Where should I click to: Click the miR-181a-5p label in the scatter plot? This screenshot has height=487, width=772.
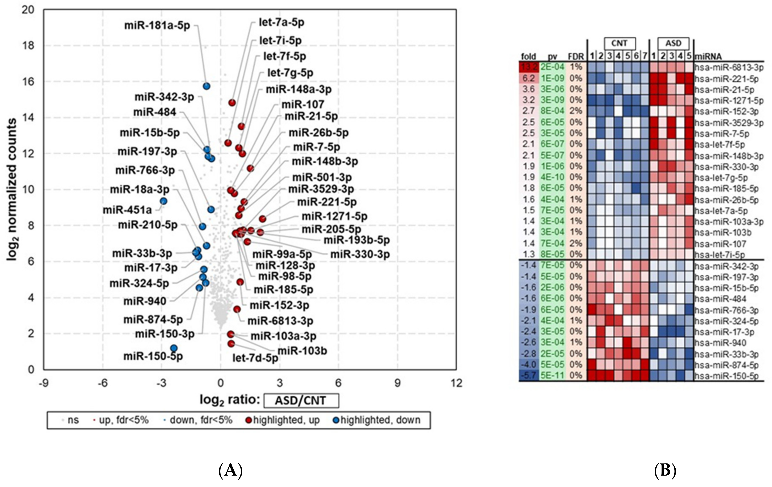pyautogui.click(x=157, y=26)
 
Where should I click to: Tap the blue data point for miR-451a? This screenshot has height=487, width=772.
pyautogui.click(x=164, y=201)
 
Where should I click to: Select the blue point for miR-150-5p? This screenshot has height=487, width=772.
pyautogui.click(x=174, y=348)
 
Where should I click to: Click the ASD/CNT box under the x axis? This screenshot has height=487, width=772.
pyautogui.click(x=301, y=400)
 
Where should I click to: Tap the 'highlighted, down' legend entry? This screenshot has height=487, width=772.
pyautogui.click(x=377, y=420)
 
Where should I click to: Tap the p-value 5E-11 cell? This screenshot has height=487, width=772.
pyautogui.click(x=552, y=375)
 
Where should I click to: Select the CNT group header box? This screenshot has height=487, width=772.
pyautogui.click(x=619, y=43)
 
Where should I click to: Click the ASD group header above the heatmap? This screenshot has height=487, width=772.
pyautogui.click(x=673, y=43)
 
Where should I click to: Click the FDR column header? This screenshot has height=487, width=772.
pyautogui.click(x=576, y=57)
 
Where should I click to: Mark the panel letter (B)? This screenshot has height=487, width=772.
pyautogui.click(x=665, y=470)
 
